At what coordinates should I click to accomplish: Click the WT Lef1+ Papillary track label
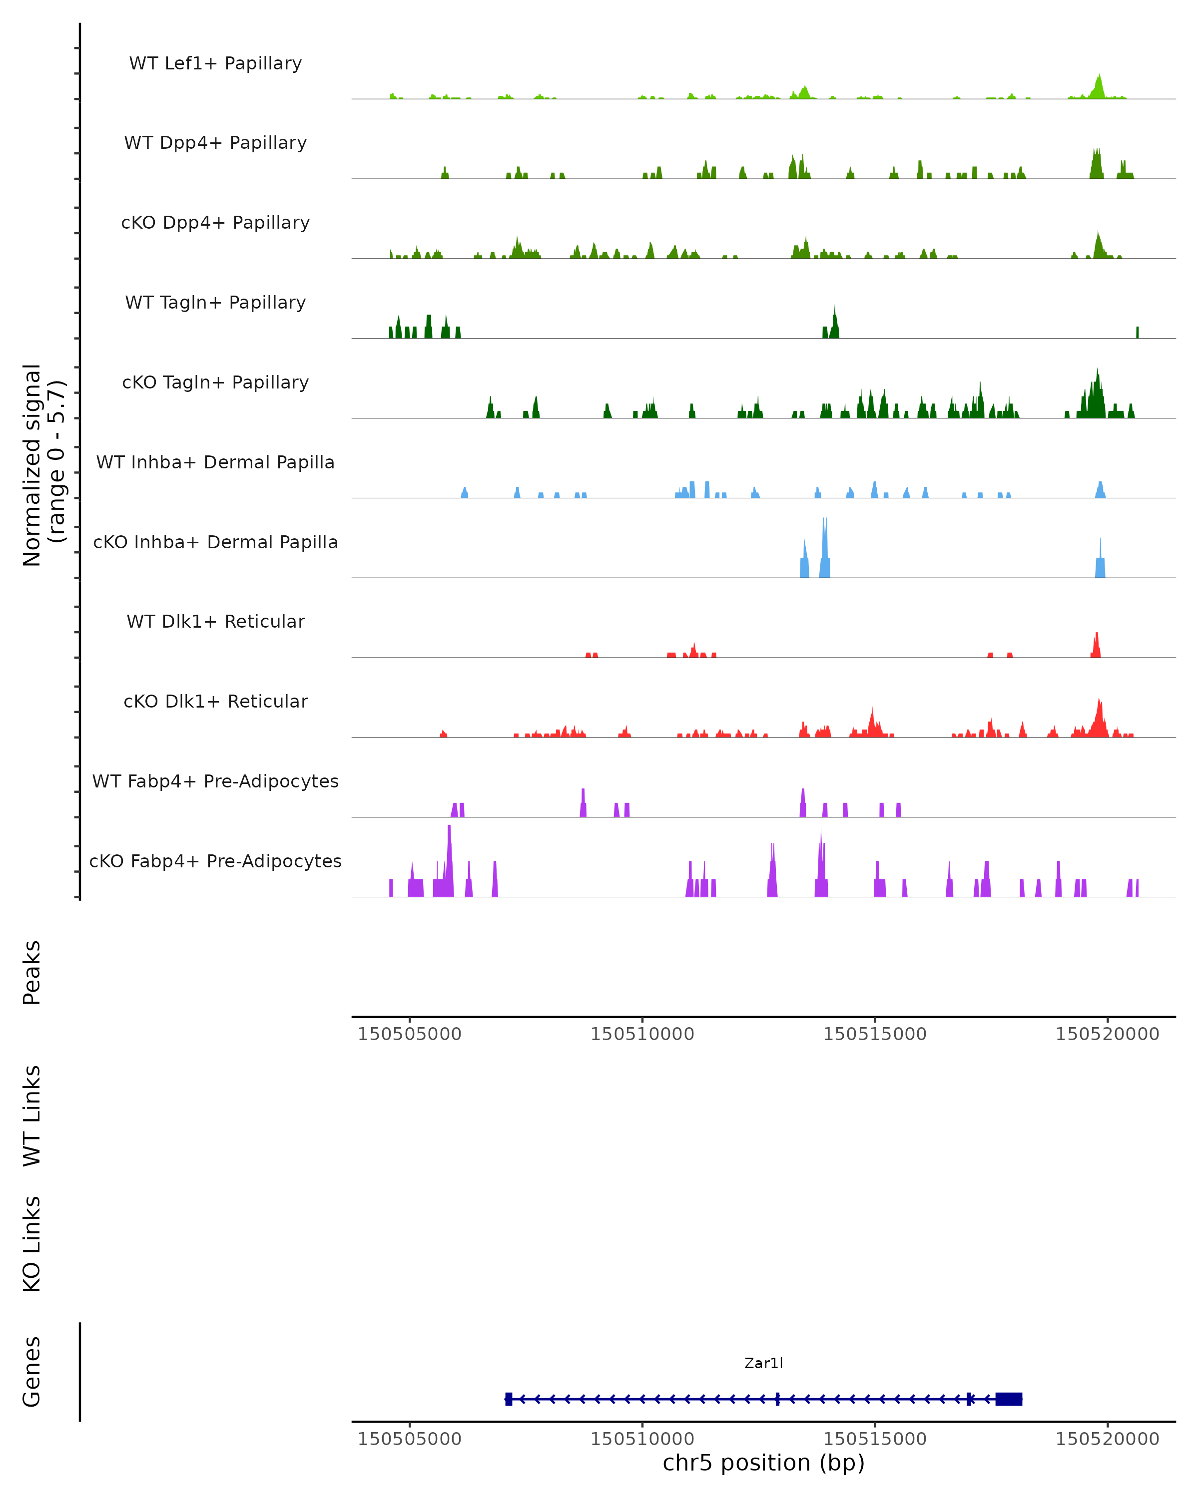[215, 63]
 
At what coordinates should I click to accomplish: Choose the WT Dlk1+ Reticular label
[215, 621]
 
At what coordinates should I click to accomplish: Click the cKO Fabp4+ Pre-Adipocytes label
[215, 861]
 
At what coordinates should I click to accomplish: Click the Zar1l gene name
[763, 1363]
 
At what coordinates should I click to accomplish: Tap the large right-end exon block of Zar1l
[1009, 1399]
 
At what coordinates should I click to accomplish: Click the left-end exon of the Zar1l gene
[509, 1399]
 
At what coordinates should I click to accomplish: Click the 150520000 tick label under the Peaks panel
[1107, 1034]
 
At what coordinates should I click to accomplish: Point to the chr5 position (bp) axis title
[763, 1463]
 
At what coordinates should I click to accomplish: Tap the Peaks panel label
[32, 972]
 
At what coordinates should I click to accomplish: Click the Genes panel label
[32, 1372]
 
